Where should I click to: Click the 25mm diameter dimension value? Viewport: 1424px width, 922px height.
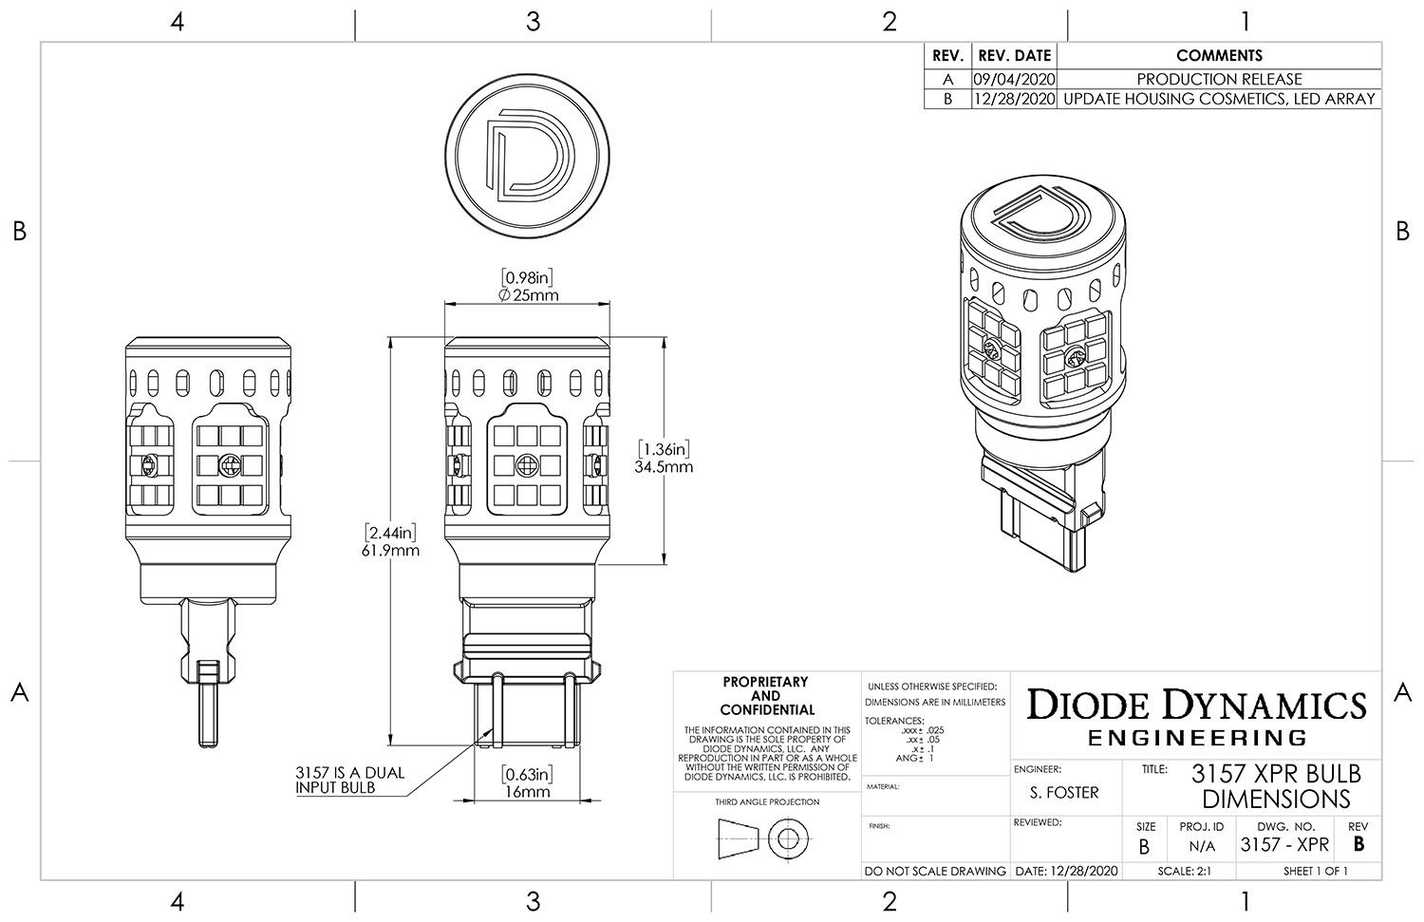(x=528, y=295)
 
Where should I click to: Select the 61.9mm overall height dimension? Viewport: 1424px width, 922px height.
(x=391, y=550)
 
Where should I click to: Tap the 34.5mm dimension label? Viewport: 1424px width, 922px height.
(x=664, y=466)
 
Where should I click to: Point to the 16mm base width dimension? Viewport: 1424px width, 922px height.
(x=527, y=791)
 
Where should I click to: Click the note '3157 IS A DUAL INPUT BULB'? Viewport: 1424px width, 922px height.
(x=348, y=780)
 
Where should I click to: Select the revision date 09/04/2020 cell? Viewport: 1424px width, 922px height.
(x=1014, y=79)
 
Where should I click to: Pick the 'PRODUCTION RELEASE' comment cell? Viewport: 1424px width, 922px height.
(x=1219, y=79)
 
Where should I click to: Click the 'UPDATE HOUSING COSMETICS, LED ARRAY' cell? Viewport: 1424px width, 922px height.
(x=1219, y=99)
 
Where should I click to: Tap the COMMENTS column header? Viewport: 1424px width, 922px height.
(x=1219, y=56)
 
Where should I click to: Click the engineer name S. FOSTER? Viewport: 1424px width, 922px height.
(x=1063, y=792)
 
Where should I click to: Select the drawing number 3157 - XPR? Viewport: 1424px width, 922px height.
(x=1284, y=844)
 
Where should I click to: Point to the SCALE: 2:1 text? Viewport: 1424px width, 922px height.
(x=1183, y=871)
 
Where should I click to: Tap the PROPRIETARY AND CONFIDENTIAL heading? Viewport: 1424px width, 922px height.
(x=766, y=696)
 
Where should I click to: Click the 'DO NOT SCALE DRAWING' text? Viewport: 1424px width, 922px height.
(x=935, y=871)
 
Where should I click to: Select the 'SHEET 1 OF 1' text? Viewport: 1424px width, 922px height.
(x=1315, y=871)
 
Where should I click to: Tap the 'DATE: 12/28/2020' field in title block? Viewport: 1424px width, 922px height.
(x=1066, y=871)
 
